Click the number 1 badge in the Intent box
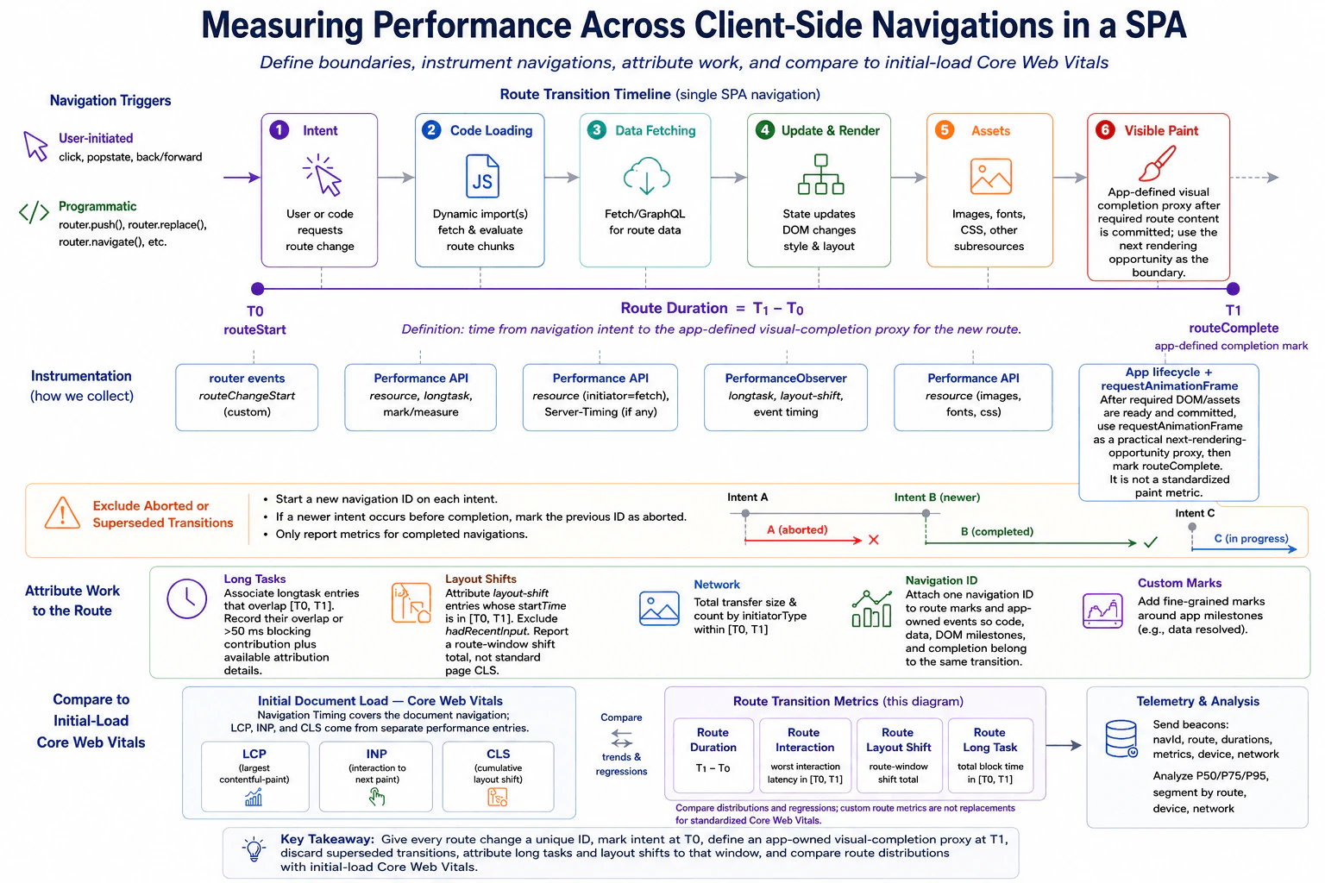click(279, 130)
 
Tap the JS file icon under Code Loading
click(482, 176)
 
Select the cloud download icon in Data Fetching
click(646, 176)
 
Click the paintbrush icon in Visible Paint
click(1157, 163)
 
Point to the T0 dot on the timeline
click(257, 289)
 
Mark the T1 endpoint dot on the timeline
click(1233, 289)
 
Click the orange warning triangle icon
click(62, 513)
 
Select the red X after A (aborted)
click(874, 540)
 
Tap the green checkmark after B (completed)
click(1151, 542)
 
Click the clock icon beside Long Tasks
click(187, 598)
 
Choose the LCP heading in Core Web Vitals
click(254, 754)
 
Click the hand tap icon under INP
click(376, 798)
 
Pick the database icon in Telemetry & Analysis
click(1121, 739)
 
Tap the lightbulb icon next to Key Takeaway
click(254, 849)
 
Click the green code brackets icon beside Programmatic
click(34, 212)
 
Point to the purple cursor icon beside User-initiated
click(35, 146)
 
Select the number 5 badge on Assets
click(945, 130)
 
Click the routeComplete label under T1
click(1234, 328)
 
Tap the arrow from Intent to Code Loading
click(396, 177)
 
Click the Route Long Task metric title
click(989, 739)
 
